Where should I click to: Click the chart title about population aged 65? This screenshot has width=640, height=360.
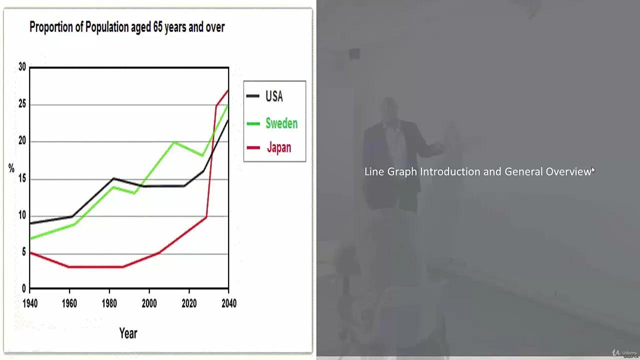tap(127, 27)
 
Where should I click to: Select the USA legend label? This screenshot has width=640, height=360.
tap(274, 96)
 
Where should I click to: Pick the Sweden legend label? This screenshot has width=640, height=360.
tap(281, 123)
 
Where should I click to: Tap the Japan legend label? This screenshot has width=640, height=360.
tap(278, 148)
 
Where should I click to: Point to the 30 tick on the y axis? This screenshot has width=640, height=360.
tap(22, 67)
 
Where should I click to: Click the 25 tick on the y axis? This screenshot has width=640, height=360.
tap(22, 104)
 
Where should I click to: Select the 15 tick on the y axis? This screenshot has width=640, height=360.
tap(22, 178)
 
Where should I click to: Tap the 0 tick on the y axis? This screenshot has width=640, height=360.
tap(23, 289)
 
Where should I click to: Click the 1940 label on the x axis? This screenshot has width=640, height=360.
tap(30, 303)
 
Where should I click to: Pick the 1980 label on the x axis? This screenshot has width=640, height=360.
tap(109, 303)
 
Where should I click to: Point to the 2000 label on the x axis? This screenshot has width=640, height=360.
tap(149, 303)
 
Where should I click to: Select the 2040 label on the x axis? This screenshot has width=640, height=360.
tap(228, 303)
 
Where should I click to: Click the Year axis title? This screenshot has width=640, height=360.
tap(128, 333)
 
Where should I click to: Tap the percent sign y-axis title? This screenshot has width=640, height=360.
tap(11, 169)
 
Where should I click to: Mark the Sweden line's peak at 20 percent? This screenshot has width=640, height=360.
tap(174, 142)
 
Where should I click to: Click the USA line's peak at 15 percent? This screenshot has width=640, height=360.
tap(114, 178)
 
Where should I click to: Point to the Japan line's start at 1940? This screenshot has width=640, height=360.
tap(30, 252)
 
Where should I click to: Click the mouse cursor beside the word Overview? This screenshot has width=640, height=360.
tap(593, 170)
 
